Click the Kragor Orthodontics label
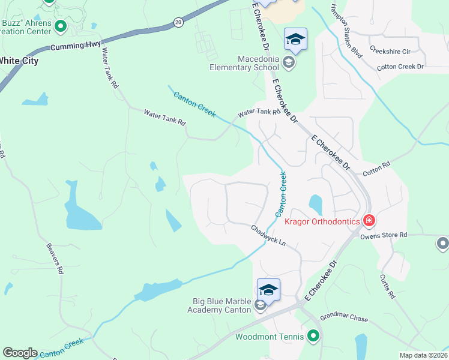coord(322,221)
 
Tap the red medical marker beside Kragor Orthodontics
coord(369,221)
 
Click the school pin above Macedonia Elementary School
coord(295,40)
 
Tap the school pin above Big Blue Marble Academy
coord(268,290)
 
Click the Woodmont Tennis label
coord(270,337)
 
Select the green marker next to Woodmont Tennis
coord(313,337)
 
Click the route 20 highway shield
coord(178,22)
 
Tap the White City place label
coord(18,61)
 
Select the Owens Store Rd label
coord(384,235)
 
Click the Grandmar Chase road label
coord(343,317)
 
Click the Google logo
coord(20,353)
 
